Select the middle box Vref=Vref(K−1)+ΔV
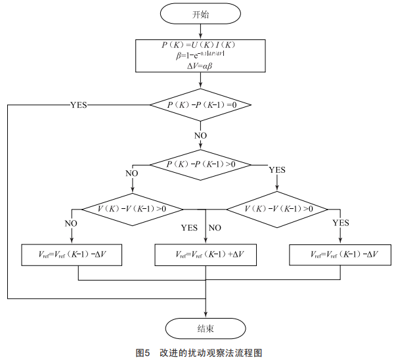point(207,254)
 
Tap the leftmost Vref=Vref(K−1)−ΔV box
point(72,254)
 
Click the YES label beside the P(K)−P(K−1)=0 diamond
point(79,104)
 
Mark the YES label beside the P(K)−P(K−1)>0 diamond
point(278,169)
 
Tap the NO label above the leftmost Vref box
point(71,224)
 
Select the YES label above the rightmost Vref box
point(340,223)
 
